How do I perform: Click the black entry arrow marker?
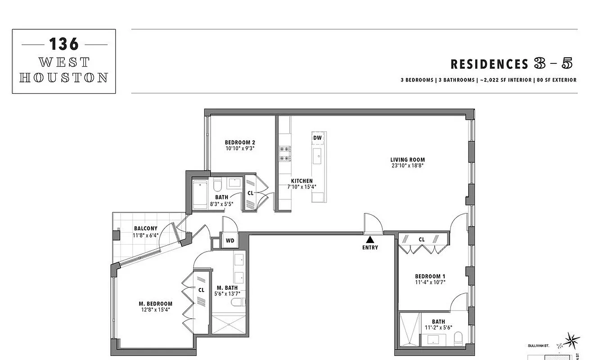coord(370,239)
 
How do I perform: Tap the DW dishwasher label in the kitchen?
coord(317,138)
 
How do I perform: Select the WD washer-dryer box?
coord(230,241)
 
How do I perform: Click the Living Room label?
coord(408,160)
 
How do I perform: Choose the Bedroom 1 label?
coord(427,276)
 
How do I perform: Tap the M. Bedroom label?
coord(155,303)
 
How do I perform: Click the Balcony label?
coord(146,229)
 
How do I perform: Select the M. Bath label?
coord(227,288)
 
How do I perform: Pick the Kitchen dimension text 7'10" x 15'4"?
coord(301,187)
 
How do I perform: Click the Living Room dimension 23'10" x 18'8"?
coord(408,166)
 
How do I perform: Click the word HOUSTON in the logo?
coord(63,77)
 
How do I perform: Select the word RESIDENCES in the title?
coord(489,64)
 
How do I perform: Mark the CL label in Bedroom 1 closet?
coord(422,240)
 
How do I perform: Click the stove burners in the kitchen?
coord(285,153)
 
